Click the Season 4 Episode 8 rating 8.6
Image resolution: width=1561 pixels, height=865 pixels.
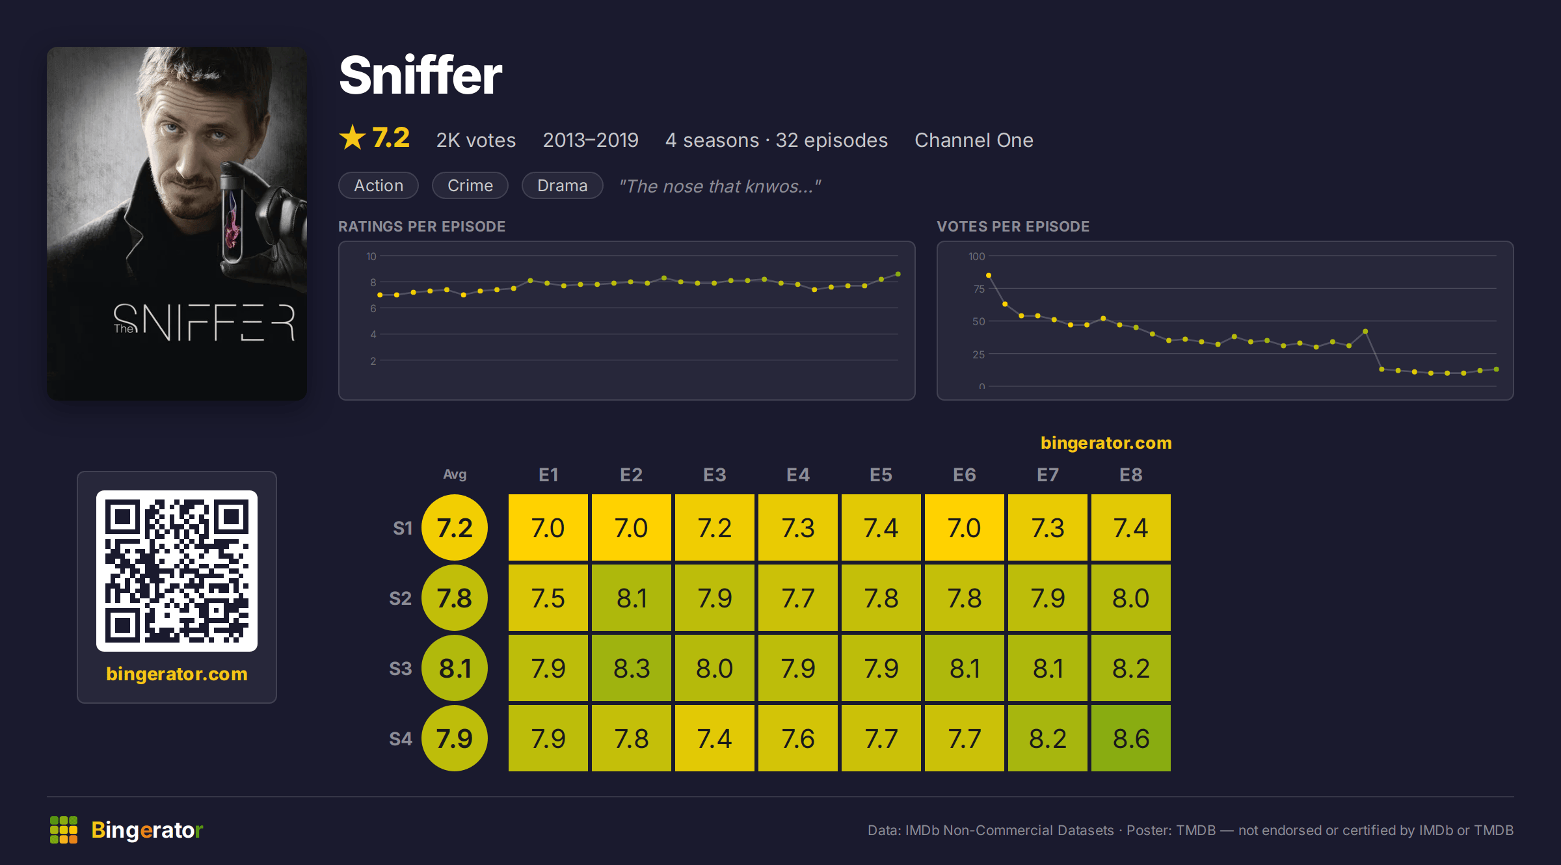[x=1131, y=738]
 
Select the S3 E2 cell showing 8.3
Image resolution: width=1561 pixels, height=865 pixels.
[x=632, y=668]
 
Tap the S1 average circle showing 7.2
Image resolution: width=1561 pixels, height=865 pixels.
[x=455, y=527]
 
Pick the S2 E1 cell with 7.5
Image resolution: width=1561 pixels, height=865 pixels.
[x=548, y=598]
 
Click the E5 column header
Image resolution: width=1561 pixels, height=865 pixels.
[x=881, y=475]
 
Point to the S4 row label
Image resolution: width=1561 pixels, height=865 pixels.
[x=401, y=739]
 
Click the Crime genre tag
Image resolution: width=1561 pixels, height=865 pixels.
[x=470, y=185]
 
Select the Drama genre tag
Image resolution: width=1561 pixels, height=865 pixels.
[x=563, y=185]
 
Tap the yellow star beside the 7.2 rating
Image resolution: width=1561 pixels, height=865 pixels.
[x=353, y=137]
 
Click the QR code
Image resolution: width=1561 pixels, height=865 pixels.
[x=177, y=571]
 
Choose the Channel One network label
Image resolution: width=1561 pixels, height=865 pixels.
[x=974, y=140]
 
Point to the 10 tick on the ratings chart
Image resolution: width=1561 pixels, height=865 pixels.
[x=371, y=256]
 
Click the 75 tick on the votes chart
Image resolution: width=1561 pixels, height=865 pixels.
[x=979, y=289]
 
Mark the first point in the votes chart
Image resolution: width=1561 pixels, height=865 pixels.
[x=989, y=276]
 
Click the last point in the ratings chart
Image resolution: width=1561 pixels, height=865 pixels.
[x=898, y=274]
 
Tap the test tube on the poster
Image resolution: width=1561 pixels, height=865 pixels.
[x=232, y=215]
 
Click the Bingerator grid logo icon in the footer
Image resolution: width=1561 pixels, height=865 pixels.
[x=64, y=830]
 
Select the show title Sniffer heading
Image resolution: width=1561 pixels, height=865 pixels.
[x=421, y=75]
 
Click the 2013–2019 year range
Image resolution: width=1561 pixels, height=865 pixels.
[x=591, y=140]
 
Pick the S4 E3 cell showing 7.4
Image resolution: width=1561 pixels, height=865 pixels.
[x=715, y=738]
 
